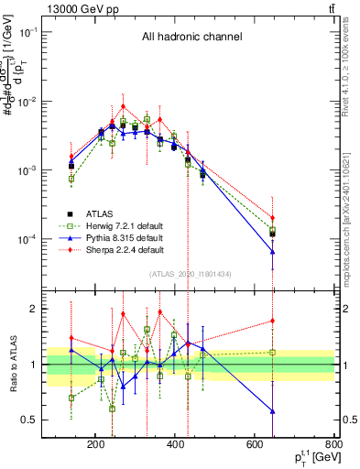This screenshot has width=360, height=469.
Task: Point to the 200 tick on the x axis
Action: tap(96, 446)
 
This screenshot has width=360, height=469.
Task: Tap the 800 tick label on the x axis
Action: tap(334, 446)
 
